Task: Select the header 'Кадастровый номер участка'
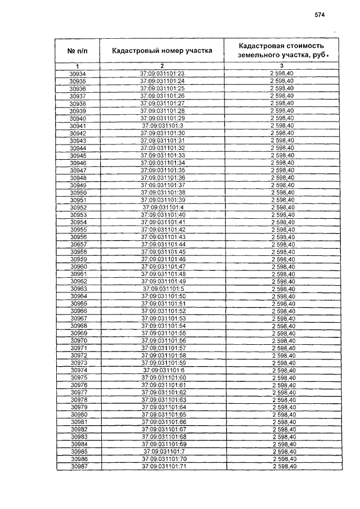[162, 51]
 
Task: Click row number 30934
[78, 74]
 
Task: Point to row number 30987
[79, 466]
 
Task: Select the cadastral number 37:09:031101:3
[163, 126]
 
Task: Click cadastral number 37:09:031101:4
[163, 208]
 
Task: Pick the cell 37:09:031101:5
[164, 289]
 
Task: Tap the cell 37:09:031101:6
[164, 370]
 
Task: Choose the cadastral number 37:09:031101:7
[164, 452]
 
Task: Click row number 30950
[78, 192]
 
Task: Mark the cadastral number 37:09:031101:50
[163, 296]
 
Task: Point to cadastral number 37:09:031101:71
[164, 466]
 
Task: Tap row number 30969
[78, 333]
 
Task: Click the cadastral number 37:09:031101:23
[163, 74]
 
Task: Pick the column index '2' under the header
[162, 66]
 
